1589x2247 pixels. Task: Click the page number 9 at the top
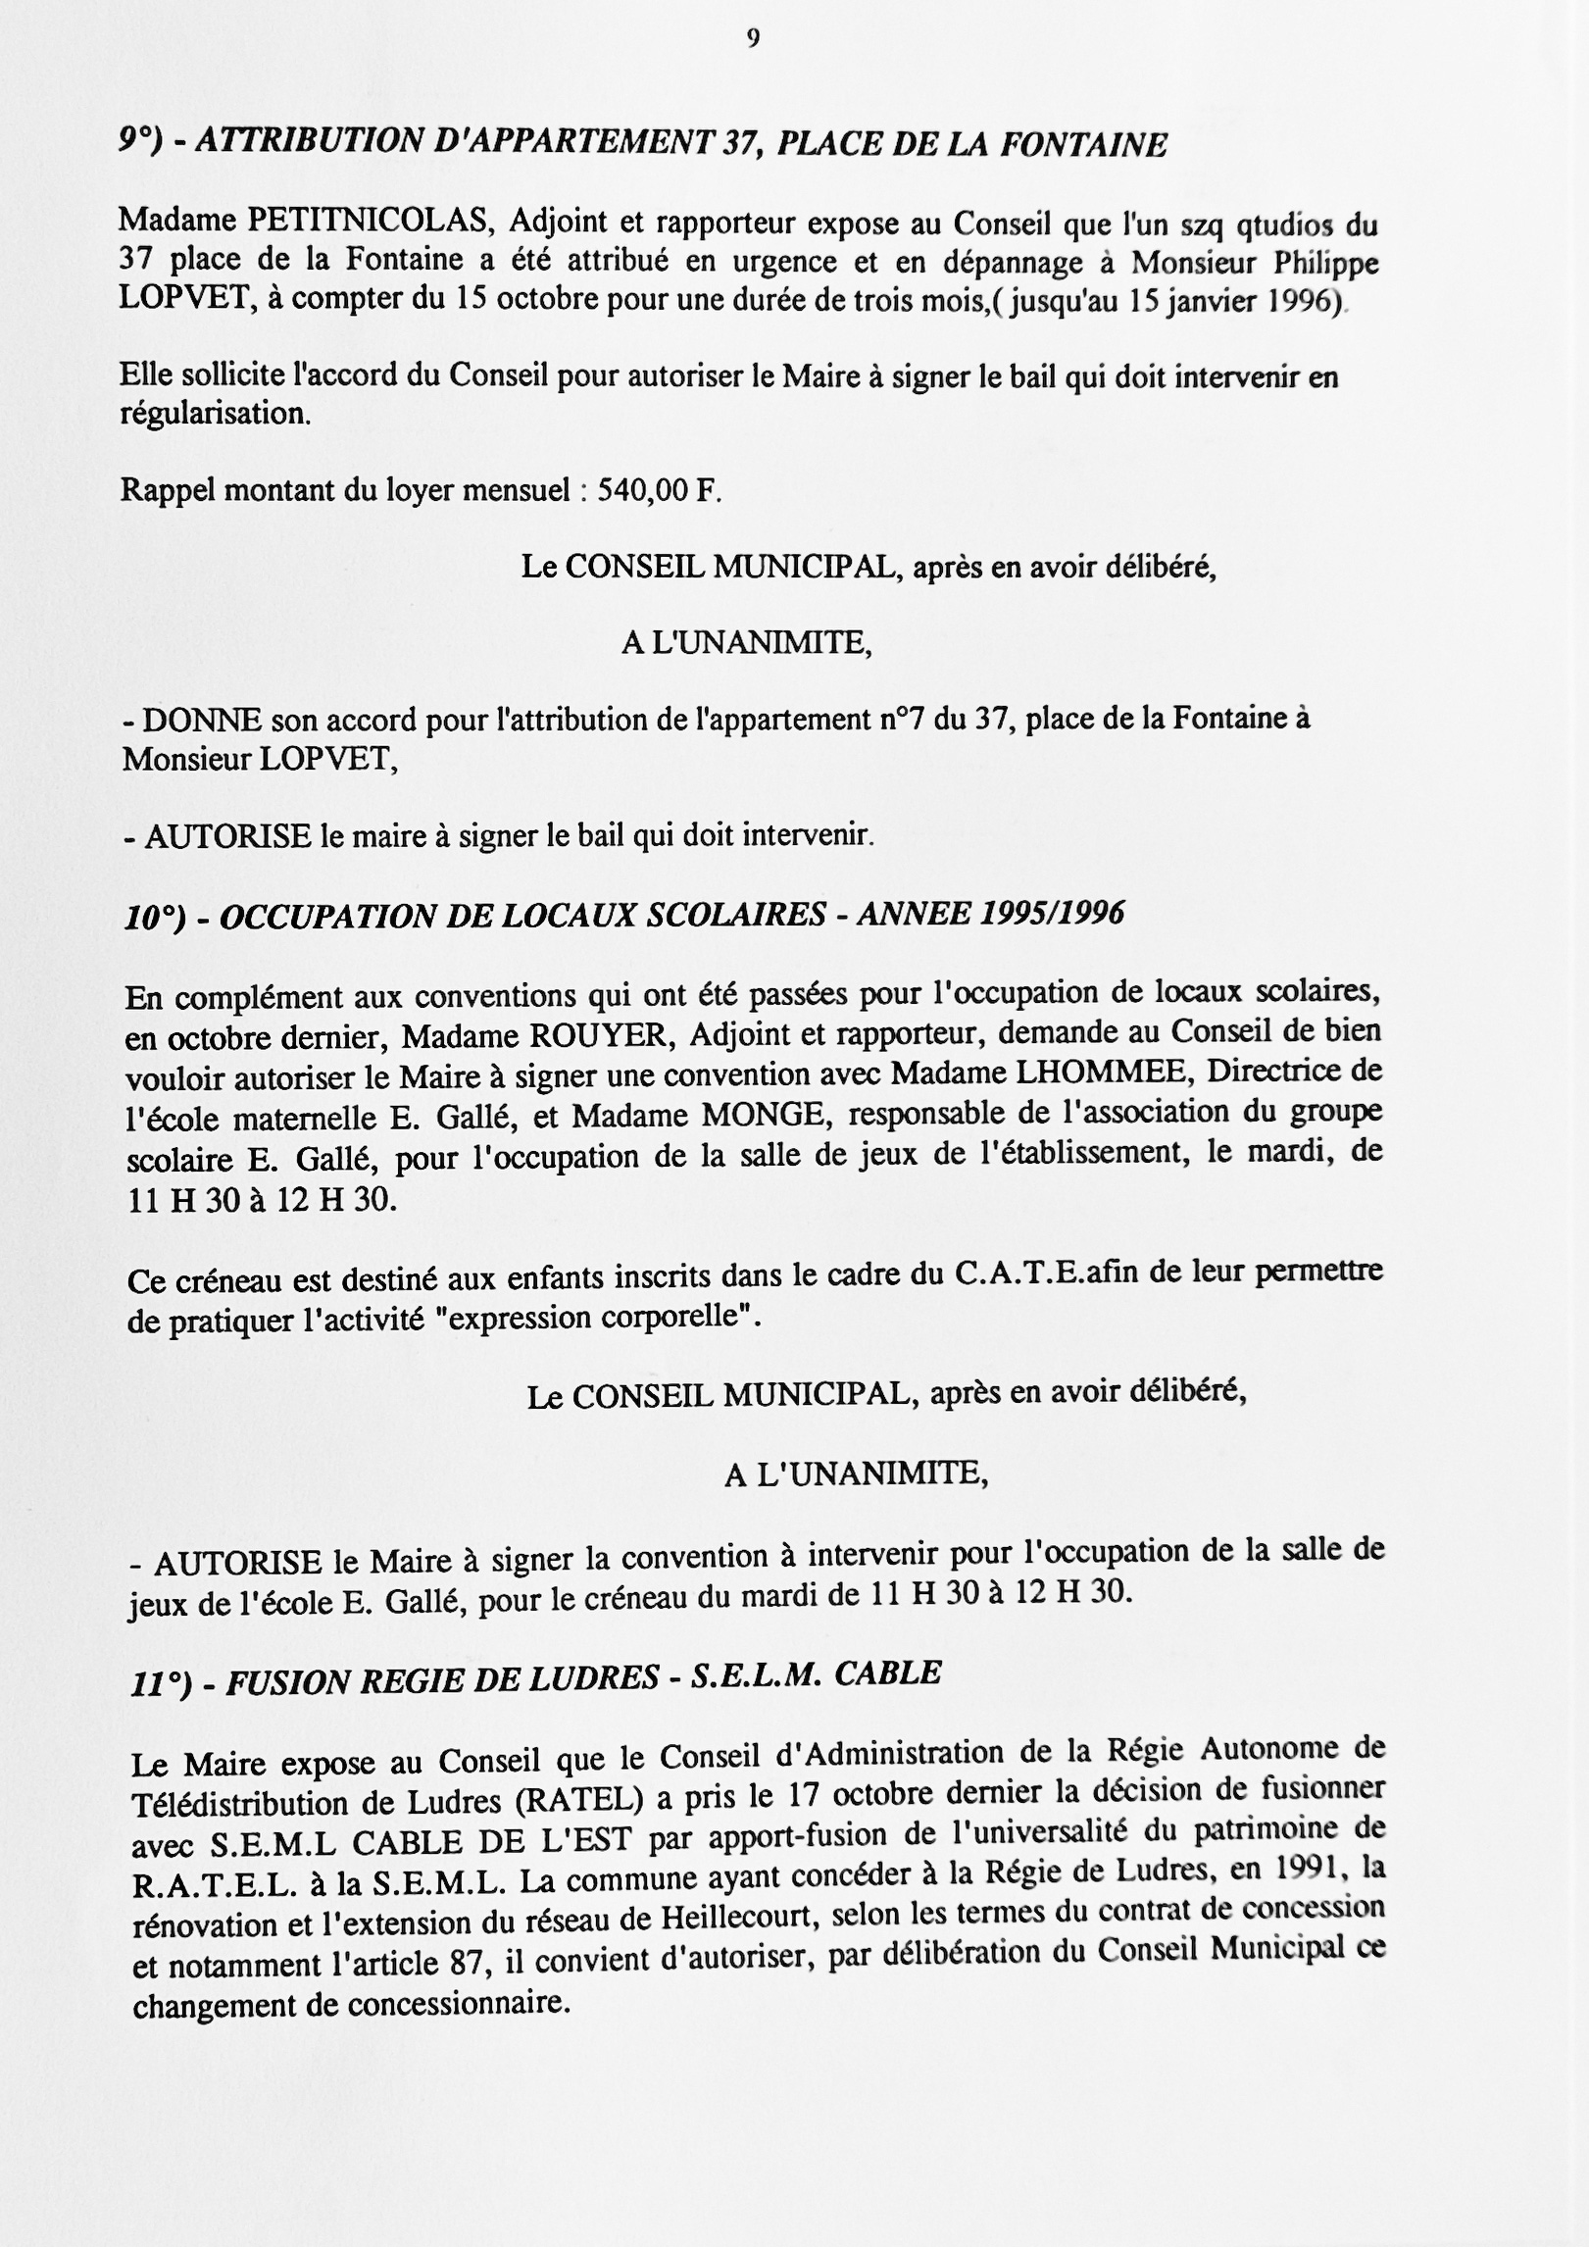coord(752,38)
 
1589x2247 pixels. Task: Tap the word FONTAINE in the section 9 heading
coord(1083,145)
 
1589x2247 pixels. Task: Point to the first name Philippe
coord(1326,262)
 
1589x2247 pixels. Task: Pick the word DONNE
coord(203,722)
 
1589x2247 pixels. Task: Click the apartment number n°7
coord(899,720)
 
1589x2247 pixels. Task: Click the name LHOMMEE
coord(1104,1073)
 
